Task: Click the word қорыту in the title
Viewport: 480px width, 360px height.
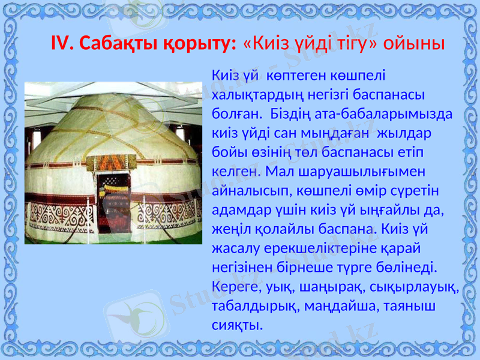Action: pyautogui.click(x=199, y=44)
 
